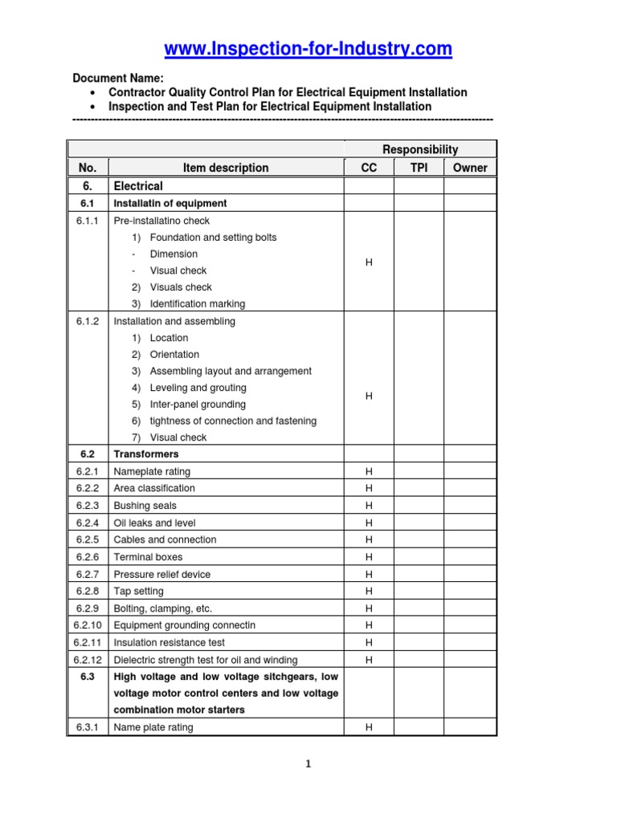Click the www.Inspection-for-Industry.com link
[308, 50]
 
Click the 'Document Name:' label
[118, 79]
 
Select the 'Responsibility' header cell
[420, 149]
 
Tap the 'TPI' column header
[419, 168]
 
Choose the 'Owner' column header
[470, 168]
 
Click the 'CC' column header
[369, 168]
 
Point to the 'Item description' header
[226, 168]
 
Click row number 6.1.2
[88, 321]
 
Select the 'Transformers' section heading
[146, 454]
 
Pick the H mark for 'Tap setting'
[369, 591]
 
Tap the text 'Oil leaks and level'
[154, 523]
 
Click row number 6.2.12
[88, 659]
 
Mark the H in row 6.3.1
[369, 727]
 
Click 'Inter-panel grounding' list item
[198, 405]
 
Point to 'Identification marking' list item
[198, 304]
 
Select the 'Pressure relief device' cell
[162, 574]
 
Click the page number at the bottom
[308, 764]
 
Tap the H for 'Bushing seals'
[369, 506]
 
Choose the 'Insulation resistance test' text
[169, 642]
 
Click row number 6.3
[88, 676]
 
